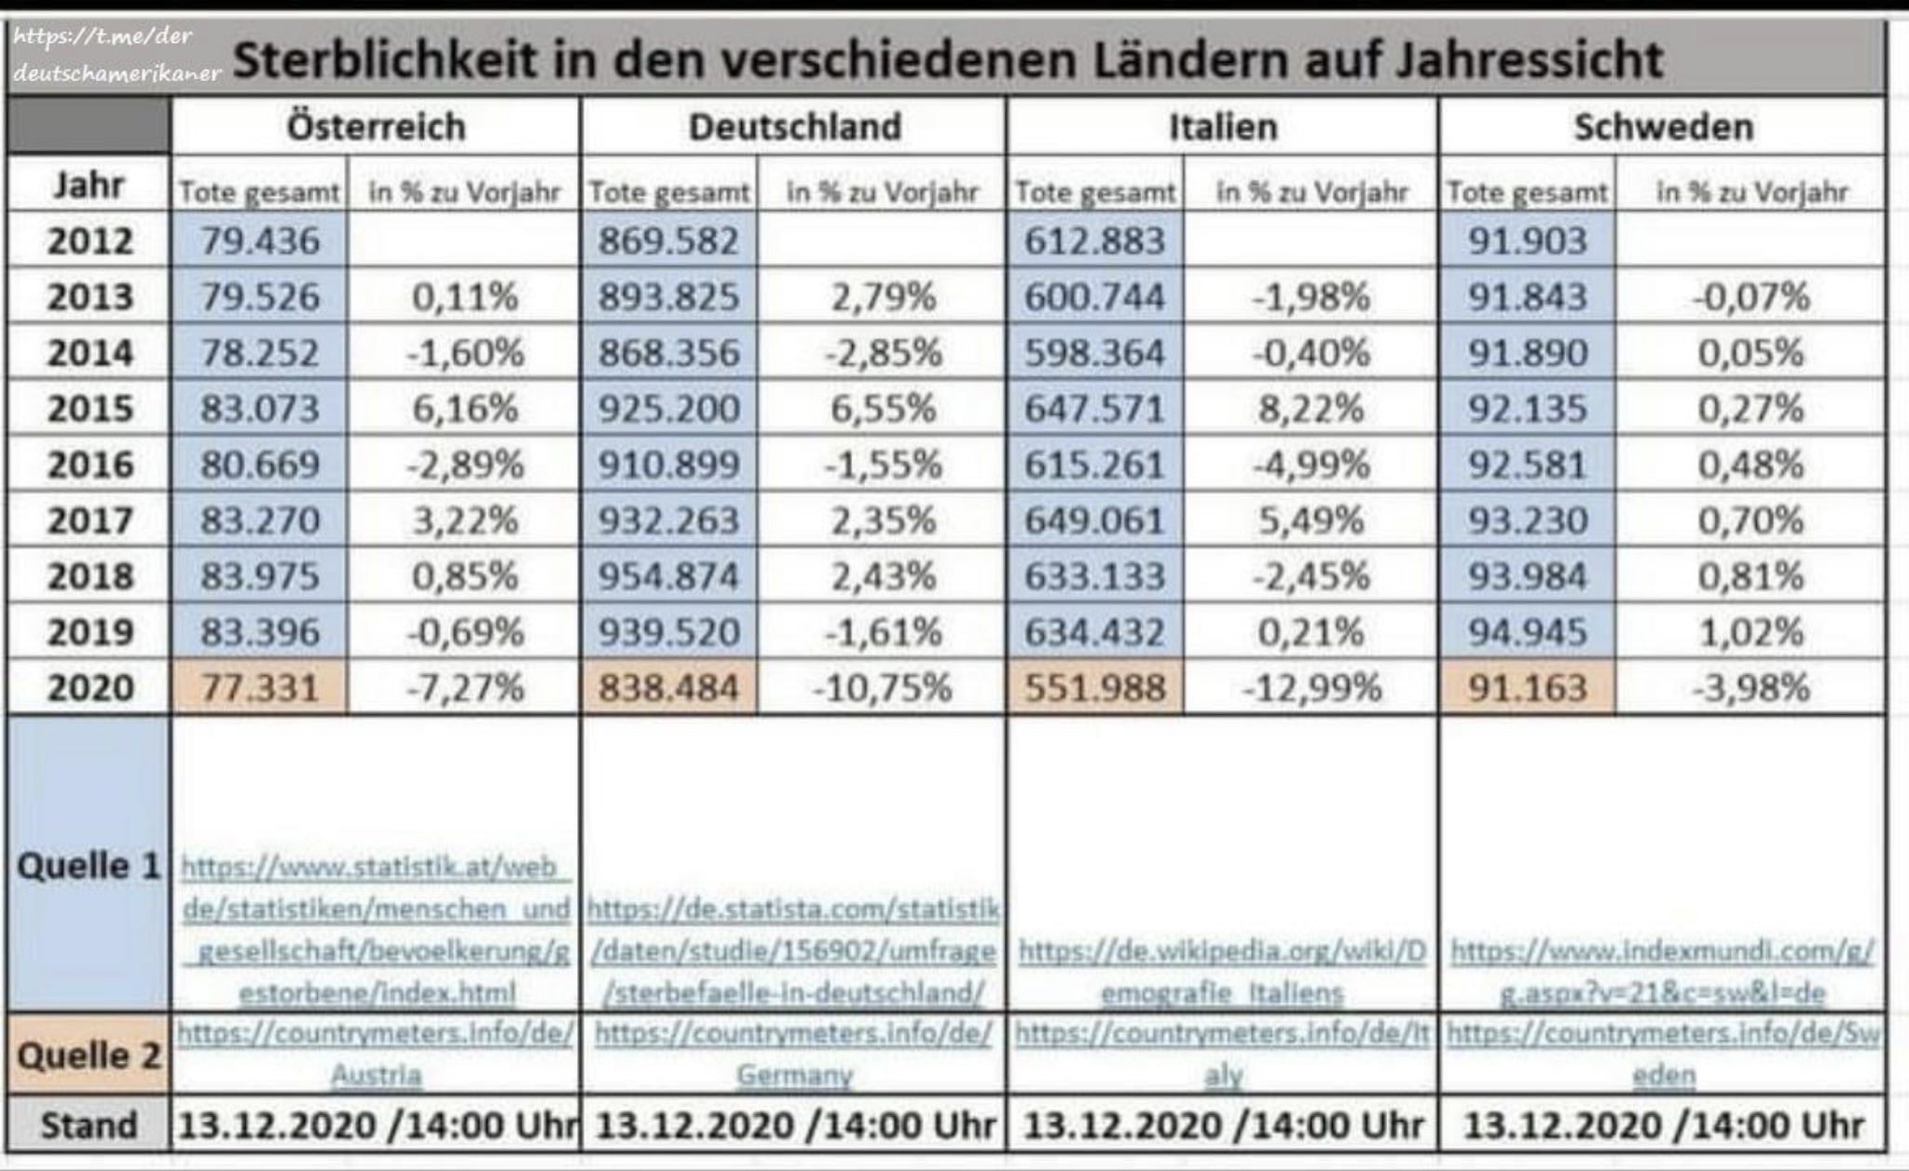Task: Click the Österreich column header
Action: pyautogui.click(x=376, y=127)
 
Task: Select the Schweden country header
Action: pyautogui.click(x=1664, y=127)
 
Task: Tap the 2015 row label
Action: pyautogui.click(x=89, y=408)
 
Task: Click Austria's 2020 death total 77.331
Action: pyautogui.click(x=260, y=688)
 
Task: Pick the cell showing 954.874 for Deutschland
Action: pyautogui.click(x=669, y=576)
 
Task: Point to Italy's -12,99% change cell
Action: pyautogui.click(x=1312, y=688)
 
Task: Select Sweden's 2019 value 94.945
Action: pyautogui.click(x=1528, y=632)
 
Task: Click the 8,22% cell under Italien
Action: pyautogui.click(x=1312, y=408)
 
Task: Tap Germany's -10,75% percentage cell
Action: pyautogui.click(x=883, y=688)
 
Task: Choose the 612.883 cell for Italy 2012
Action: pyautogui.click(x=1095, y=241)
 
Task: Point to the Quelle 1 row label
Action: pyautogui.click(x=89, y=865)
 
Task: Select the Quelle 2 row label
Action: pyautogui.click(x=89, y=1055)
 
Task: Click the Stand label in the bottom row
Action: pyautogui.click(x=89, y=1125)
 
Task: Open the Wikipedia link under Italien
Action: pyautogui.click(x=1222, y=972)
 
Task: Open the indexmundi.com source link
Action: pyautogui.click(x=1663, y=972)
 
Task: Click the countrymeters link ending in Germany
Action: pyautogui.click(x=794, y=1054)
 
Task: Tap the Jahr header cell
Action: pyautogui.click(x=89, y=185)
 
